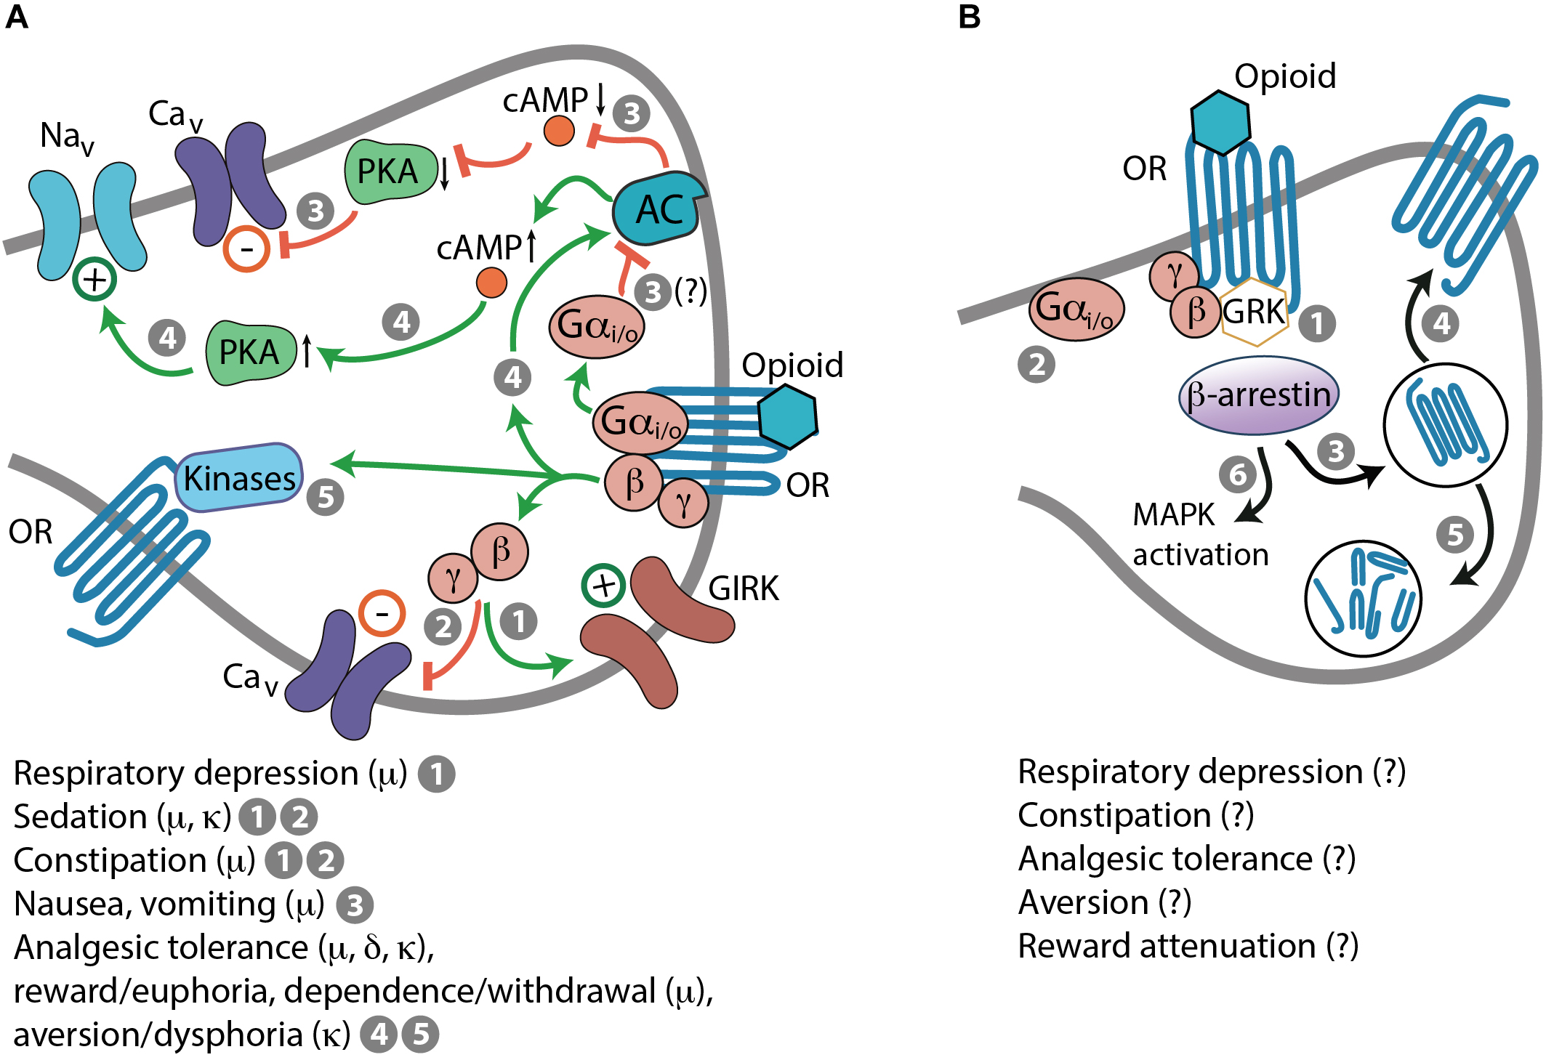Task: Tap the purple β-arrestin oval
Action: (x=1258, y=395)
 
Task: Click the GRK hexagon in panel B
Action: (x=1254, y=312)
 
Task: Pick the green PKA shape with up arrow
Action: (x=250, y=352)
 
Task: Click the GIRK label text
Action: (x=743, y=588)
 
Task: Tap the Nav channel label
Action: (x=66, y=137)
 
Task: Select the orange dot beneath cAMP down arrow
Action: (x=559, y=132)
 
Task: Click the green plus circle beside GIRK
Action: (x=603, y=586)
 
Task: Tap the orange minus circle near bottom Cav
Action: (x=382, y=614)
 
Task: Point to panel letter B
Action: (x=970, y=16)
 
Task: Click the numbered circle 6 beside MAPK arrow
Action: (x=1237, y=475)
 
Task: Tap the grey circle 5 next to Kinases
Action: (x=325, y=498)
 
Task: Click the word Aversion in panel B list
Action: (x=1083, y=902)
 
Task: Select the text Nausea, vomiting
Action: (x=145, y=905)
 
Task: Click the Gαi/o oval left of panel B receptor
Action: (x=1076, y=309)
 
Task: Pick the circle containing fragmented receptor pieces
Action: (x=1363, y=599)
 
